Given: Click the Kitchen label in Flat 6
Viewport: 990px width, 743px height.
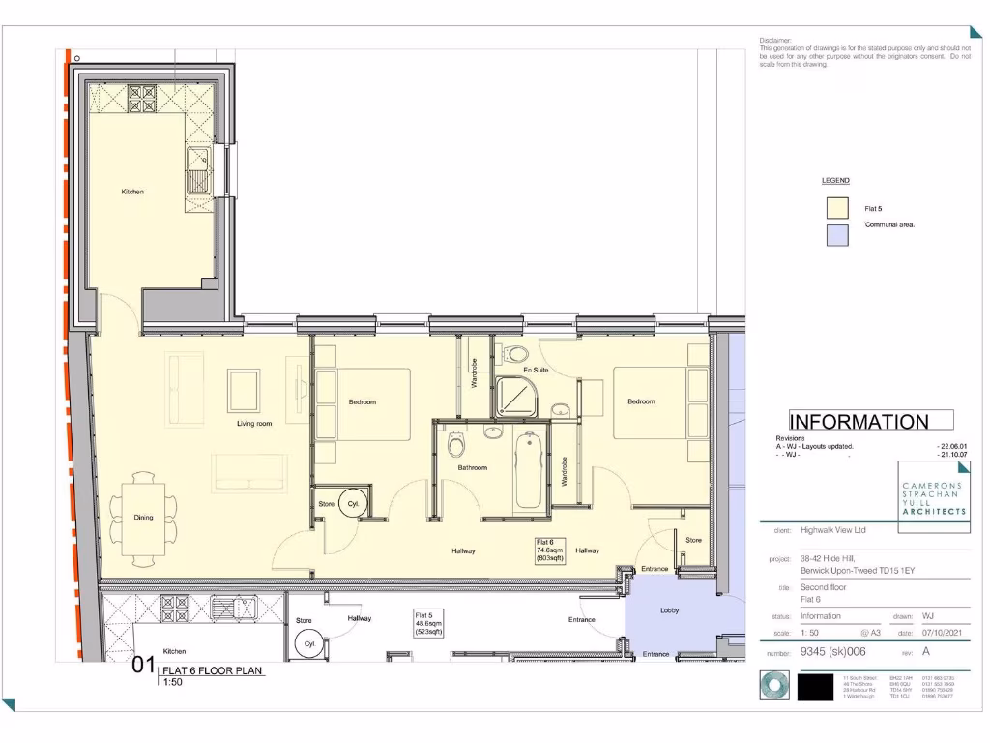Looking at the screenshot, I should [132, 192].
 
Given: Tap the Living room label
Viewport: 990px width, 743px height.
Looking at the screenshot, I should [254, 424].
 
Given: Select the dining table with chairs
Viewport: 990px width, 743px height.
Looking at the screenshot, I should [143, 518].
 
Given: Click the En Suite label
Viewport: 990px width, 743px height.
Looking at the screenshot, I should [537, 371].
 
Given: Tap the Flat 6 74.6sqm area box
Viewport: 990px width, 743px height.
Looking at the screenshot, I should [550, 550].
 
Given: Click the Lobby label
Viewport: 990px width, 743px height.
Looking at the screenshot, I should [670, 610].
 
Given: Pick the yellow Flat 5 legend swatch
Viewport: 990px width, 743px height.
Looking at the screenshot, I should [837, 208].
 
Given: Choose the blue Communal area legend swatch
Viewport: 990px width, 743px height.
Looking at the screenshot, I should [837, 235].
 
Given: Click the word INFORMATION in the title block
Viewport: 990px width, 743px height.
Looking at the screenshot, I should [859, 422].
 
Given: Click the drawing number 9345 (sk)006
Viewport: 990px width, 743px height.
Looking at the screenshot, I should [833, 653].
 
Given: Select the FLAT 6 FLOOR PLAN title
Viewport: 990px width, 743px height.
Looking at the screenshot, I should [212, 669].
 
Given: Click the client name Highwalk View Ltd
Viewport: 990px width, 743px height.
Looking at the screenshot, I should [832, 530].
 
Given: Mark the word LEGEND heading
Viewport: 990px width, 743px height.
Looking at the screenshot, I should [835, 181].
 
